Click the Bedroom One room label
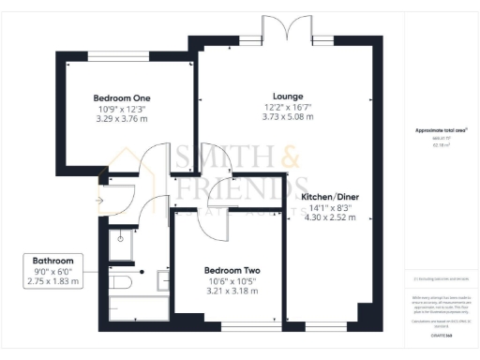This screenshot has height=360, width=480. point(122,98)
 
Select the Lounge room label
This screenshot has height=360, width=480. point(287,96)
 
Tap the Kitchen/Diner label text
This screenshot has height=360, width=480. point(330,197)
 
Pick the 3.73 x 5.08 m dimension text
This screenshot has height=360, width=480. point(287,117)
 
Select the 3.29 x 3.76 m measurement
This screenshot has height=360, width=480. point(122,120)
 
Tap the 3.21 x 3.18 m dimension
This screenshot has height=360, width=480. point(230,290)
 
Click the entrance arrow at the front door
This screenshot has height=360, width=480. point(100,200)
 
